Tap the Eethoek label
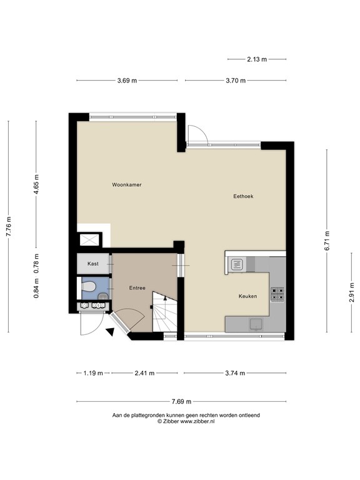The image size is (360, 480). [x=243, y=196]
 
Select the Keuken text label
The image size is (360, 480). [x=247, y=296]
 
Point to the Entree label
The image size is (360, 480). [x=137, y=288]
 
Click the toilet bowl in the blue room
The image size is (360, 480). [x=91, y=287]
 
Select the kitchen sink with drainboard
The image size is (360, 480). [x=237, y=264]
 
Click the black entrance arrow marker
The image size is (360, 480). [x=110, y=331]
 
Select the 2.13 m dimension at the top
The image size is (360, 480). [x=256, y=59]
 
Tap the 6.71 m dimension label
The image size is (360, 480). [x=326, y=240]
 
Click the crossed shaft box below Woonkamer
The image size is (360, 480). [x=87, y=240]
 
